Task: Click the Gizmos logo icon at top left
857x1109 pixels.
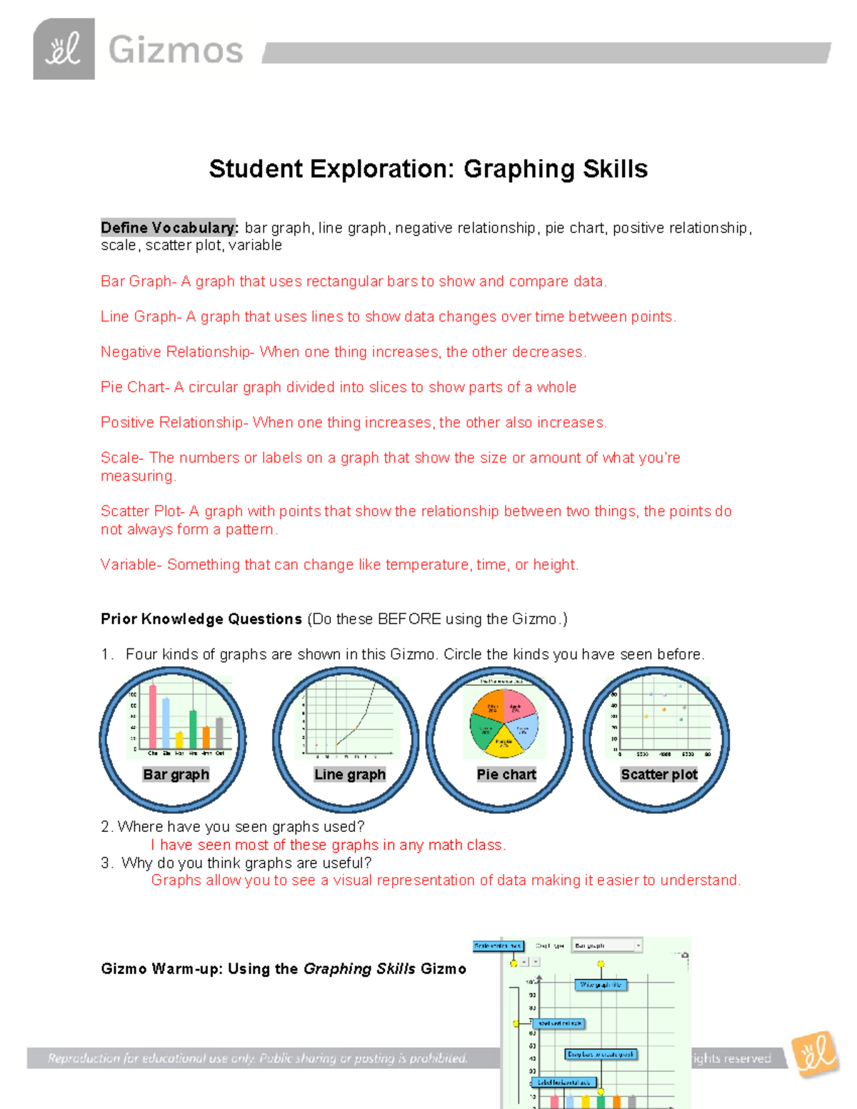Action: pyautogui.click(x=64, y=49)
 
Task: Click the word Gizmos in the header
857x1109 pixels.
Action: pyautogui.click(x=176, y=51)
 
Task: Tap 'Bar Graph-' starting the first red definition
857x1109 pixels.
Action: pyautogui.click(x=139, y=281)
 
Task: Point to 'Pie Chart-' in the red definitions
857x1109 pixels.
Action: pyautogui.click(x=135, y=387)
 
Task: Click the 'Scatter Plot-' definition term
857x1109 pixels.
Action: pyautogui.click(x=143, y=511)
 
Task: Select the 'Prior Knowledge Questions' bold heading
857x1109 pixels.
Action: pyautogui.click(x=201, y=619)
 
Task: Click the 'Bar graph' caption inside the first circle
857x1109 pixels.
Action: pyautogui.click(x=176, y=775)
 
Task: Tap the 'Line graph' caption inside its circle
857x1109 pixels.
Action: pyautogui.click(x=350, y=775)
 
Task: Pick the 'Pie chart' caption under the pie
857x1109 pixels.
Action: pyautogui.click(x=506, y=775)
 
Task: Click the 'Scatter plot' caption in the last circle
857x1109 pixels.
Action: pyautogui.click(x=659, y=775)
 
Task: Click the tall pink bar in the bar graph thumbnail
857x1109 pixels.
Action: pyautogui.click(x=153, y=716)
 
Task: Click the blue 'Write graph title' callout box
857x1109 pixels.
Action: pyautogui.click(x=601, y=985)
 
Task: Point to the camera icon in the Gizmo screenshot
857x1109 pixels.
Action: pyautogui.click(x=685, y=955)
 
